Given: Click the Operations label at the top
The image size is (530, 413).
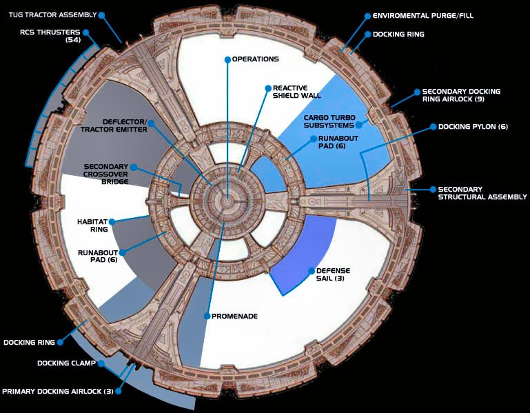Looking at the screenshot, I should [x=255, y=59].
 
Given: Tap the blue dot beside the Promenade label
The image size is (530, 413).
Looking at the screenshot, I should [x=206, y=316].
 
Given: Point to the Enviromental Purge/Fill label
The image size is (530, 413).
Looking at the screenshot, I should [x=432, y=15].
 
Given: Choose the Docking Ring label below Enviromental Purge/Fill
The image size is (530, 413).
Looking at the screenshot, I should [x=398, y=34].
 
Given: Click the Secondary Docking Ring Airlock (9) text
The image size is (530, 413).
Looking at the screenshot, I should [x=461, y=95].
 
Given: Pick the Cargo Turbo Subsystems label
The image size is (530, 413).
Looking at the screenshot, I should [x=329, y=121].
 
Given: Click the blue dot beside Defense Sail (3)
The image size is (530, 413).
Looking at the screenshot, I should [x=312, y=270].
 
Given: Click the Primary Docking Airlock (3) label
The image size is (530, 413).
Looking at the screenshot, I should [x=58, y=392].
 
